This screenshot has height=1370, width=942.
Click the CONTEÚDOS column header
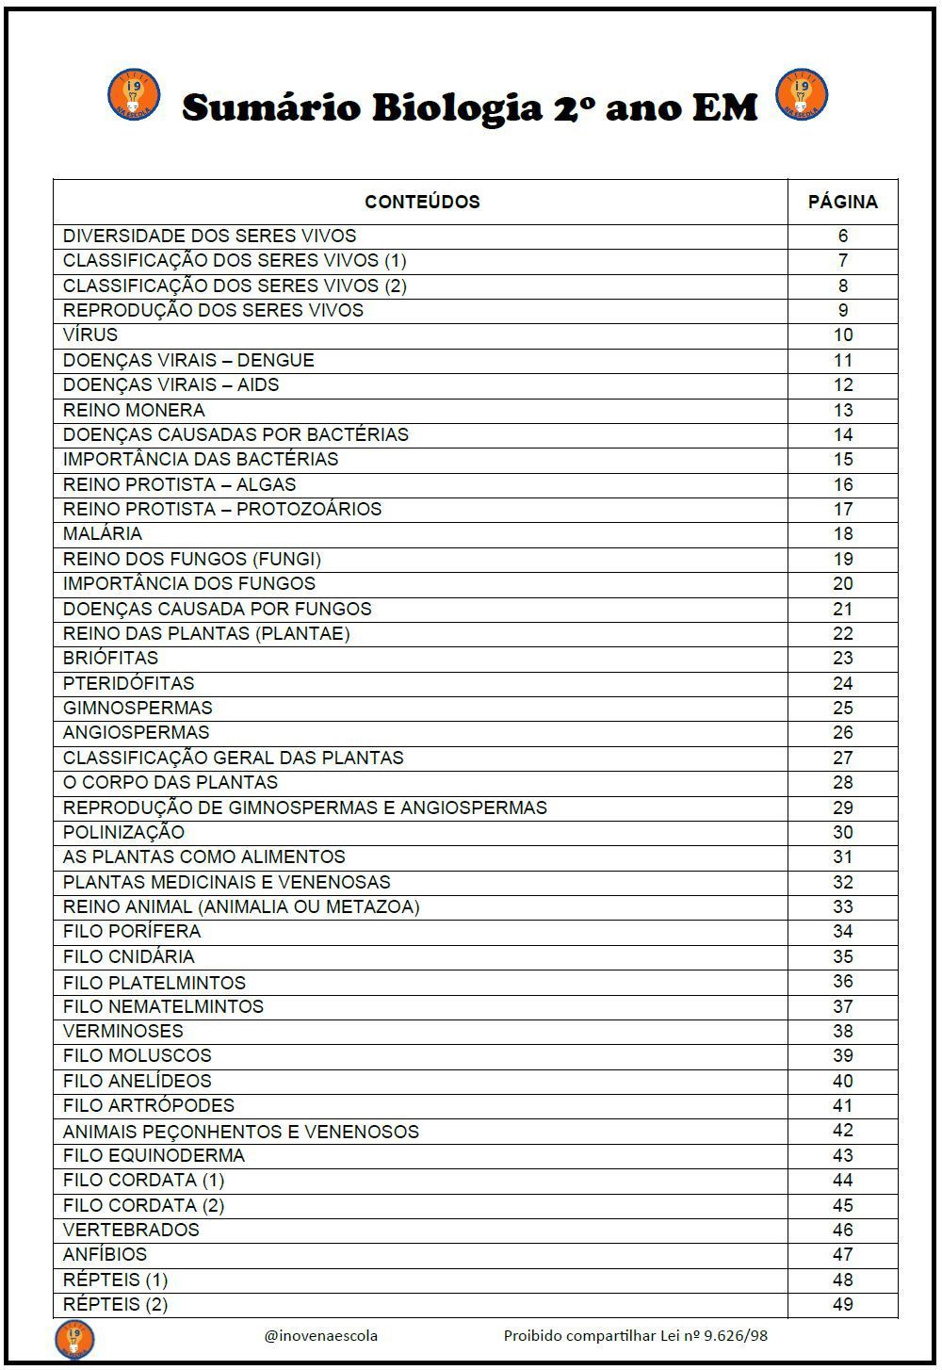(422, 202)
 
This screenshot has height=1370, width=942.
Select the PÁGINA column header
(842, 202)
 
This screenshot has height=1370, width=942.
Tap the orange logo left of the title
(134, 94)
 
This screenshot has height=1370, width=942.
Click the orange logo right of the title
(801, 94)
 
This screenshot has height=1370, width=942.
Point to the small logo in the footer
(74, 1339)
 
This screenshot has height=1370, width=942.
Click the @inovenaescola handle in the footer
(321, 1335)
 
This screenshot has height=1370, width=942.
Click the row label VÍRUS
(90, 335)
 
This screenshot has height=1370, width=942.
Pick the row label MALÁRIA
(103, 534)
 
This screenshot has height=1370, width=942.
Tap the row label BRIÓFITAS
(110, 658)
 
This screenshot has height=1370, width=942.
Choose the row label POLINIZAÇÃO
(123, 832)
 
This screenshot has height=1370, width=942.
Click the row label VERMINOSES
(122, 1031)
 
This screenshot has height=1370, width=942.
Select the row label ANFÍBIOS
(105, 1254)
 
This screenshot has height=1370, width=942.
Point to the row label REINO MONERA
(134, 410)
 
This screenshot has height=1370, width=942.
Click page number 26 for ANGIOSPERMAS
(842, 732)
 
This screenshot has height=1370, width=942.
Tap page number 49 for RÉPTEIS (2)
(842, 1304)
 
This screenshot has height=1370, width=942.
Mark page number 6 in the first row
(842, 236)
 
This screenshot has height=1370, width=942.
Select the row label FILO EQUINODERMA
(154, 1155)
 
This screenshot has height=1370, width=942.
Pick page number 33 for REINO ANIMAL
(842, 906)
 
